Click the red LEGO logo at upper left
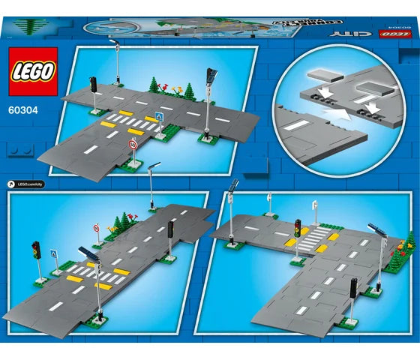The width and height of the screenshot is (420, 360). click(x=31, y=72)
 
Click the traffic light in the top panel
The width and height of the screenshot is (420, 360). click(x=94, y=85)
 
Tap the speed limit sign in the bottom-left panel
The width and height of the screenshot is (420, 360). click(x=96, y=227)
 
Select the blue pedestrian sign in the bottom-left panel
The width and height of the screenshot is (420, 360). click(x=53, y=254)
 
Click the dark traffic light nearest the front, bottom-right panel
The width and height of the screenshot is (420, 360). click(x=353, y=287)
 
